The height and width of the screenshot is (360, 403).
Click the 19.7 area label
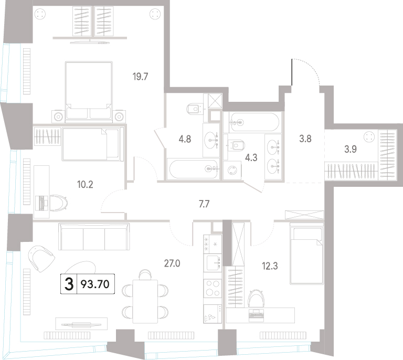(140, 77)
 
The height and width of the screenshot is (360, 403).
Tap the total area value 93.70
(95, 284)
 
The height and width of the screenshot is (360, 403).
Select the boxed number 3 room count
(69, 284)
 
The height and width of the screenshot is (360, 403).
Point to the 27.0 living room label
(172, 263)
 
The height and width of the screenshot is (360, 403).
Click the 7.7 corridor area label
(204, 204)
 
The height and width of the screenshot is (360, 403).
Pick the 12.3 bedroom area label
(270, 266)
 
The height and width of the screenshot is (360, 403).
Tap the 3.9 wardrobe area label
(351, 149)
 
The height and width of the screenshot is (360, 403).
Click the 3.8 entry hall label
(305, 139)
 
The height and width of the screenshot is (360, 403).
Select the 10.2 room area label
(85, 184)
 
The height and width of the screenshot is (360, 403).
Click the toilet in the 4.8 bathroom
(194, 109)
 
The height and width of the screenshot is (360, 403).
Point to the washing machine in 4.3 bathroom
(232, 170)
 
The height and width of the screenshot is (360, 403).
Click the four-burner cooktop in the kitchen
(213, 288)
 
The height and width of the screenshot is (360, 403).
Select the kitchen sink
(213, 262)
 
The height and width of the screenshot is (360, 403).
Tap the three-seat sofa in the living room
(94, 236)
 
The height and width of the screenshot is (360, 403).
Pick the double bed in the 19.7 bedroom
(89, 91)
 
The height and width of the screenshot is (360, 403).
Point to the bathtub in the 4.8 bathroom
(193, 169)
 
